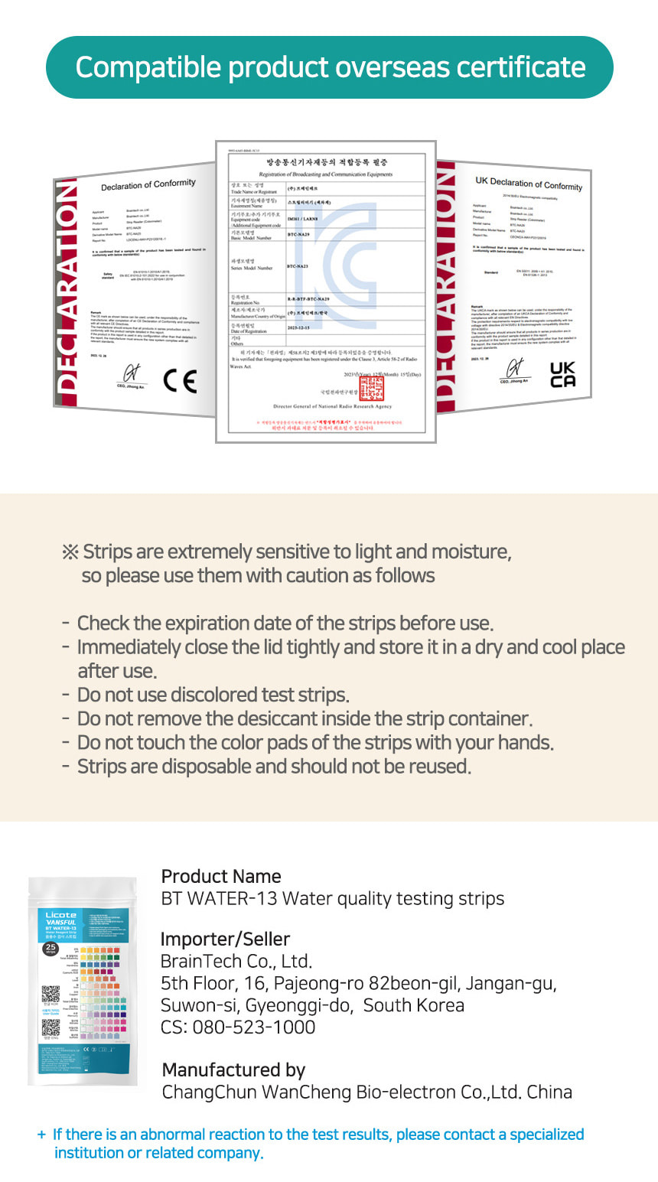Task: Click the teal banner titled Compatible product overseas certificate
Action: pos(329,67)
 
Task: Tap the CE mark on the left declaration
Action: pos(180,380)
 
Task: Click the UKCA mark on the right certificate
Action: pos(562,374)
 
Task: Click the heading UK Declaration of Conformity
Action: pos(528,184)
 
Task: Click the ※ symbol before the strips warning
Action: pos(70,552)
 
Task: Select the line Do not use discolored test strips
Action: pos(213,695)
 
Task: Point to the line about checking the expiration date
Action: pos(285,624)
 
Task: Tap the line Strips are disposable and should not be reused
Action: pos(274,766)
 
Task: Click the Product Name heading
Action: pos(221,876)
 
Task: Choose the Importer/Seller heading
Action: pos(225,939)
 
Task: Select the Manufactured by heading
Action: pos(233,1070)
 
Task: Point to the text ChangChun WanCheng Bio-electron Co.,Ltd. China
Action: pos(366,1092)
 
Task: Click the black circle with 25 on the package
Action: pos(50,949)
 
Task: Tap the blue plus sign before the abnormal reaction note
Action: pos(41,1135)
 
